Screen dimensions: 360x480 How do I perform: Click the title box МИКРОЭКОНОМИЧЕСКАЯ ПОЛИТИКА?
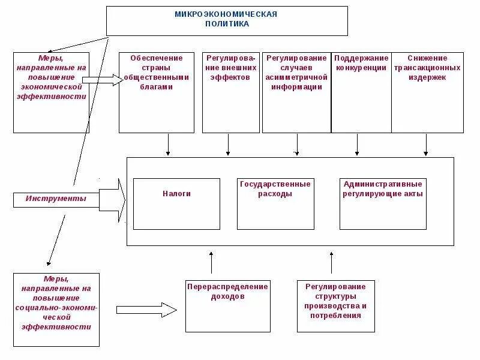[x=227, y=21]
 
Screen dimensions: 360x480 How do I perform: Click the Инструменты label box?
[x=56, y=199]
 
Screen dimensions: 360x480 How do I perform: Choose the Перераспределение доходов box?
[x=227, y=306]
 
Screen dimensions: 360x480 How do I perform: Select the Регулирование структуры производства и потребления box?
[x=335, y=306]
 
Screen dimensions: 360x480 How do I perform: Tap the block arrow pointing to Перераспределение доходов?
[x=146, y=310]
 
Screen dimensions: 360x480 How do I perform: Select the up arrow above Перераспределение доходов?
[x=211, y=263]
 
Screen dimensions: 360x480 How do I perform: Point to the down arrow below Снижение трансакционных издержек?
[x=426, y=145]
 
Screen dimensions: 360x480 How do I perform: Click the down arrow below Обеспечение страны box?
[x=168, y=145]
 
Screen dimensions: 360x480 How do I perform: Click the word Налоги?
[x=176, y=194]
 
